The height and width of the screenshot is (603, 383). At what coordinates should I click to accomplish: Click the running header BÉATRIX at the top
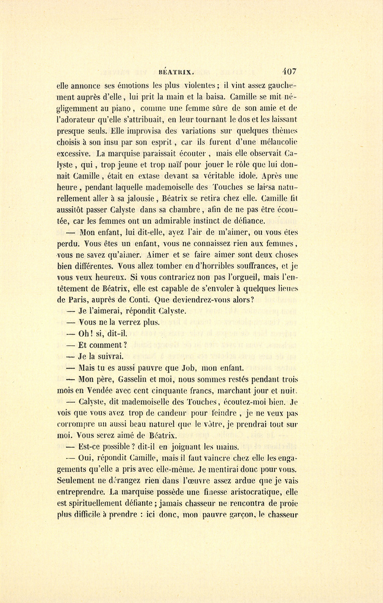pyautogui.click(x=176, y=72)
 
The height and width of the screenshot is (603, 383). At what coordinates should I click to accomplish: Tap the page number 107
pyautogui.click(x=289, y=71)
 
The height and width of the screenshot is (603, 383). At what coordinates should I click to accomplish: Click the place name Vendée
pyautogui.click(x=99, y=390)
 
